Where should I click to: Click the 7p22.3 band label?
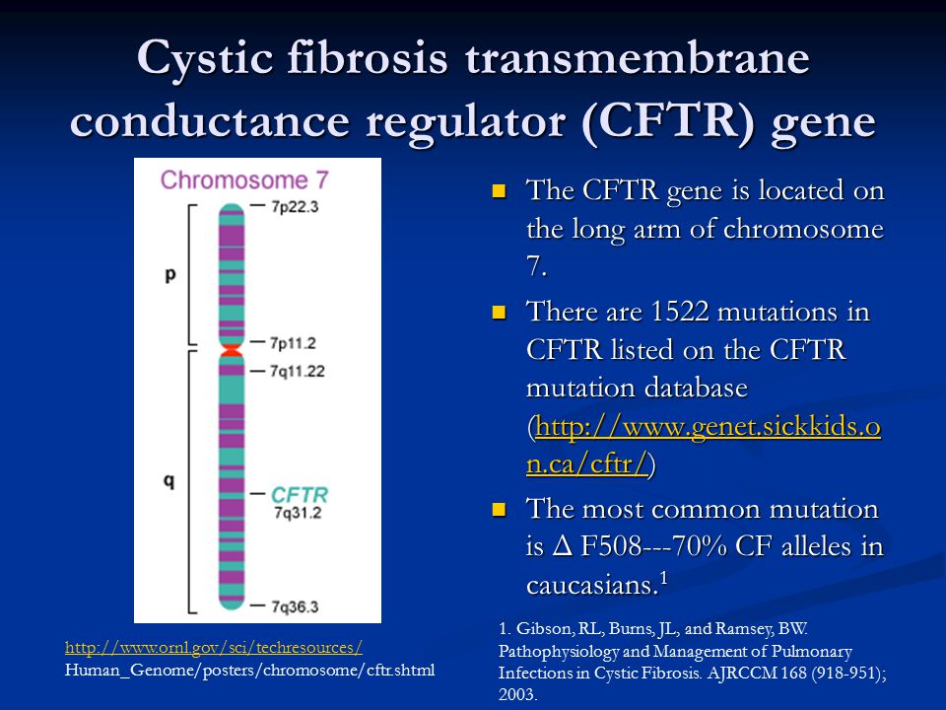coord(295,207)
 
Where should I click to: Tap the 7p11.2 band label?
coord(293,343)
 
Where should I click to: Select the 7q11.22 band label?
coord(297,371)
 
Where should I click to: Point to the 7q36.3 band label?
coord(295,606)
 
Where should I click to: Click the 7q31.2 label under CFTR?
coord(298,513)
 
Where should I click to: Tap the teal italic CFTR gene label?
coord(300,495)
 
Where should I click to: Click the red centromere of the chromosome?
coord(231,351)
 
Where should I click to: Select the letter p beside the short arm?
coord(170,275)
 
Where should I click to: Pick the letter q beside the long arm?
coord(169,480)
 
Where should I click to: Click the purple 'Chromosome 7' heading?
coord(244,179)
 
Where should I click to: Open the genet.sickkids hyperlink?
coord(704,446)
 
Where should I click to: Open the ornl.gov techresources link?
coord(214,647)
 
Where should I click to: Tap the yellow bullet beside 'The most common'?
coord(499,510)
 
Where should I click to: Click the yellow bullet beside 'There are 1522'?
coord(499,313)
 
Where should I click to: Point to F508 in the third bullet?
coord(611,546)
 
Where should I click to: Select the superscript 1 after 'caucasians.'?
coord(663,578)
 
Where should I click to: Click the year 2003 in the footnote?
coord(516,694)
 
